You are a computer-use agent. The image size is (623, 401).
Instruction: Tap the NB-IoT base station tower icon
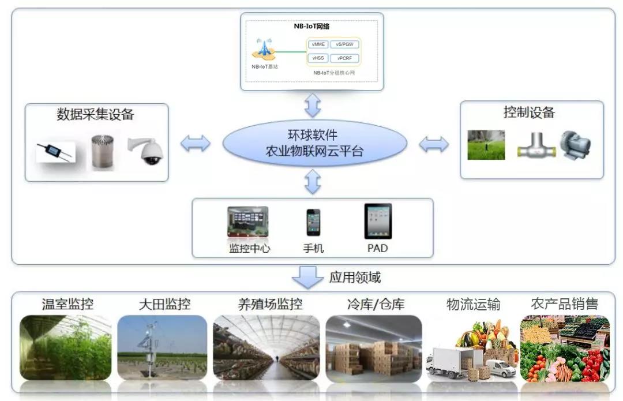tap(264, 48)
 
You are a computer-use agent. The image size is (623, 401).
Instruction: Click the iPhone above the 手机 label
tap(313, 222)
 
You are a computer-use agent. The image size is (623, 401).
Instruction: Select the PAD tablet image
tap(378, 221)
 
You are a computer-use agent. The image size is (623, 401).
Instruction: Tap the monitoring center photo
tap(248, 222)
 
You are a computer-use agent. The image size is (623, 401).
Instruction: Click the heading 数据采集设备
tap(95, 114)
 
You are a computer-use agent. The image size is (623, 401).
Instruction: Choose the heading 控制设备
tap(529, 112)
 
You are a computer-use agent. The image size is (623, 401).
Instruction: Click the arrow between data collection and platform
tap(196, 144)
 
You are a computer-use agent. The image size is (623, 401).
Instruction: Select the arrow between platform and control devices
tap(434, 144)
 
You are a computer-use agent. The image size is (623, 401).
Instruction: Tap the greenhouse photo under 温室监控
tap(65, 347)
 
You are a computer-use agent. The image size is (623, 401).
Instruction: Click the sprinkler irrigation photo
tap(486, 145)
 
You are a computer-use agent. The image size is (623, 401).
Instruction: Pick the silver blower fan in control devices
tap(576, 145)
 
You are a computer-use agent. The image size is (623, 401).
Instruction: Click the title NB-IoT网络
tap(311, 26)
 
